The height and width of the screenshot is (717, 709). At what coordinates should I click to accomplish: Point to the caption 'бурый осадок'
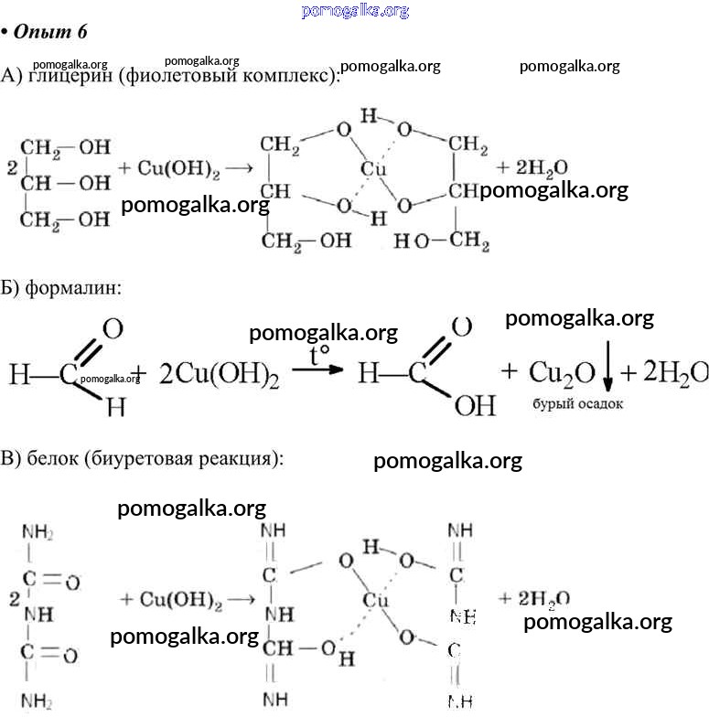pyautogui.click(x=576, y=402)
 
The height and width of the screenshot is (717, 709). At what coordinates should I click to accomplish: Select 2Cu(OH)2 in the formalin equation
pyautogui.click(x=219, y=374)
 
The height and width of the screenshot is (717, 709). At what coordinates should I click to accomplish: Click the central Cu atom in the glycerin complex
pyautogui.click(x=372, y=170)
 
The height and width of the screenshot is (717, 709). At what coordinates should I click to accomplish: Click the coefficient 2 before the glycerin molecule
pyautogui.click(x=10, y=168)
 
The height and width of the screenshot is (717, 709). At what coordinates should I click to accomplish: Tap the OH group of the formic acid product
pyautogui.click(x=474, y=405)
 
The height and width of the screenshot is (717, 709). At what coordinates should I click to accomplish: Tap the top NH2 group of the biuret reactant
pyautogui.click(x=38, y=533)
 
